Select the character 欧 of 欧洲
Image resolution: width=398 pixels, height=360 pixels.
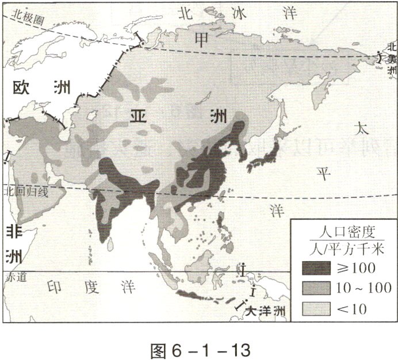[24, 87]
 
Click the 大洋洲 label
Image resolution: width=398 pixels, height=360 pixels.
[265, 311]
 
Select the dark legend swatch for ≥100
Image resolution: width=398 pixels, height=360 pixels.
[316, 267]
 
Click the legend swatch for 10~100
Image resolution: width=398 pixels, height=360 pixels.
[316, 288]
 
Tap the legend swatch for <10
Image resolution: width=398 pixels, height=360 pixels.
[316, 309]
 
